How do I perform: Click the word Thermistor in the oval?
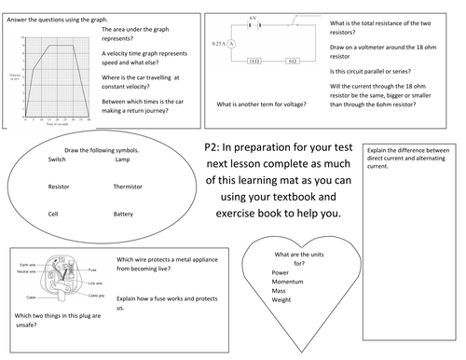click(x=128, y=187)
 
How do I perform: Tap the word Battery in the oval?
click(x=124, y=214)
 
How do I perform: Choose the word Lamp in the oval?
click(x=122, y=159)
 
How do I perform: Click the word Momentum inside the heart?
click(x=291, y=283)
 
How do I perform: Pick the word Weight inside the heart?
click(x=282, y=301)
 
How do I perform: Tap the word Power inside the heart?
click(x=281, y=272)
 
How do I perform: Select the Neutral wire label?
click(x=28, y=271)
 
